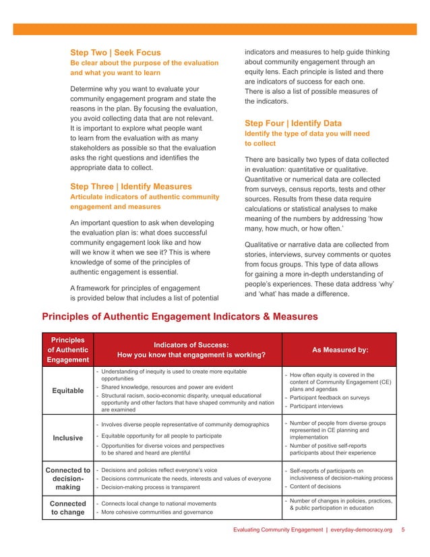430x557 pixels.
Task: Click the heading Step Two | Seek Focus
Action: (115, 52)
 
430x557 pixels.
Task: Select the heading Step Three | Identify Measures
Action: (131, 186)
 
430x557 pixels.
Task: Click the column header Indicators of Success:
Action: (191, 345)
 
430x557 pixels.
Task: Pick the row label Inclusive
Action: (67, 437)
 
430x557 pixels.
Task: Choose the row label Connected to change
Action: (67, 508)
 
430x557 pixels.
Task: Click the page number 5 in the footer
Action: (402, 530)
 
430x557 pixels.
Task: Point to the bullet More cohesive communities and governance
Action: (164, 512)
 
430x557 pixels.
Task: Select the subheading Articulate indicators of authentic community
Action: (145, 197)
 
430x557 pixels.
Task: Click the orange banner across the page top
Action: (215, 29)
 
